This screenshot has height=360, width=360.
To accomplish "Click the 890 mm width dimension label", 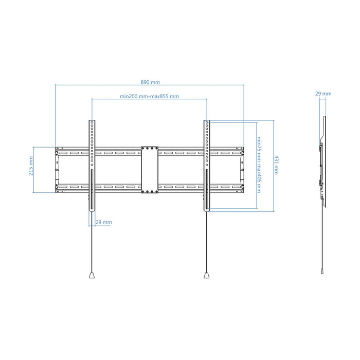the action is click(x=150, y=82).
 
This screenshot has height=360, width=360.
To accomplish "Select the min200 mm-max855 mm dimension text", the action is click(x=149, y=96).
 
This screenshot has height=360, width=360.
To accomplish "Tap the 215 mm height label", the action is click(x=31, y=166).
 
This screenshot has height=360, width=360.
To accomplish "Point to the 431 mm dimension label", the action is click(x=277, y=165).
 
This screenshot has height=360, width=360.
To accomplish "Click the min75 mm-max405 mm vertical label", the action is click(x=259, y=165).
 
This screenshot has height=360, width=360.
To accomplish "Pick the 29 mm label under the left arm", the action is click(x=104, y=222).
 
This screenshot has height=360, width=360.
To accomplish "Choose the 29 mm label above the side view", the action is click(x=323, y=94).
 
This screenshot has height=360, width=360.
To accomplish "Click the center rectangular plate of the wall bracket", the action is click(x=150, y=170).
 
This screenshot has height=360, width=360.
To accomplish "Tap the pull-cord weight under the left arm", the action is click(x=92, y=275).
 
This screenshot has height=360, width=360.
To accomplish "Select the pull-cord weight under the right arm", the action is click(x=207, y=275).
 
